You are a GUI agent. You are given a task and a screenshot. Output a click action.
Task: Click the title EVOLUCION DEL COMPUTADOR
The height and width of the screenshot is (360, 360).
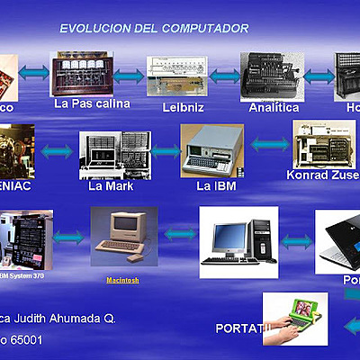pyautogui.click(x=154, y=29)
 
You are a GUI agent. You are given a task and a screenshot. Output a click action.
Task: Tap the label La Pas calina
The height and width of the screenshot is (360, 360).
pyautogui.click(x=93, y=104)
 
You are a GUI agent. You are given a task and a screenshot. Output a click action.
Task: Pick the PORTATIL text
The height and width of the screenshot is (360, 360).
pyautogui.click(x=243, y=326)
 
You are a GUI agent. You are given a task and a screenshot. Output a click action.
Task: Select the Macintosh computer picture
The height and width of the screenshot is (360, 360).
pyautogui.click(x=123, y=236)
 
